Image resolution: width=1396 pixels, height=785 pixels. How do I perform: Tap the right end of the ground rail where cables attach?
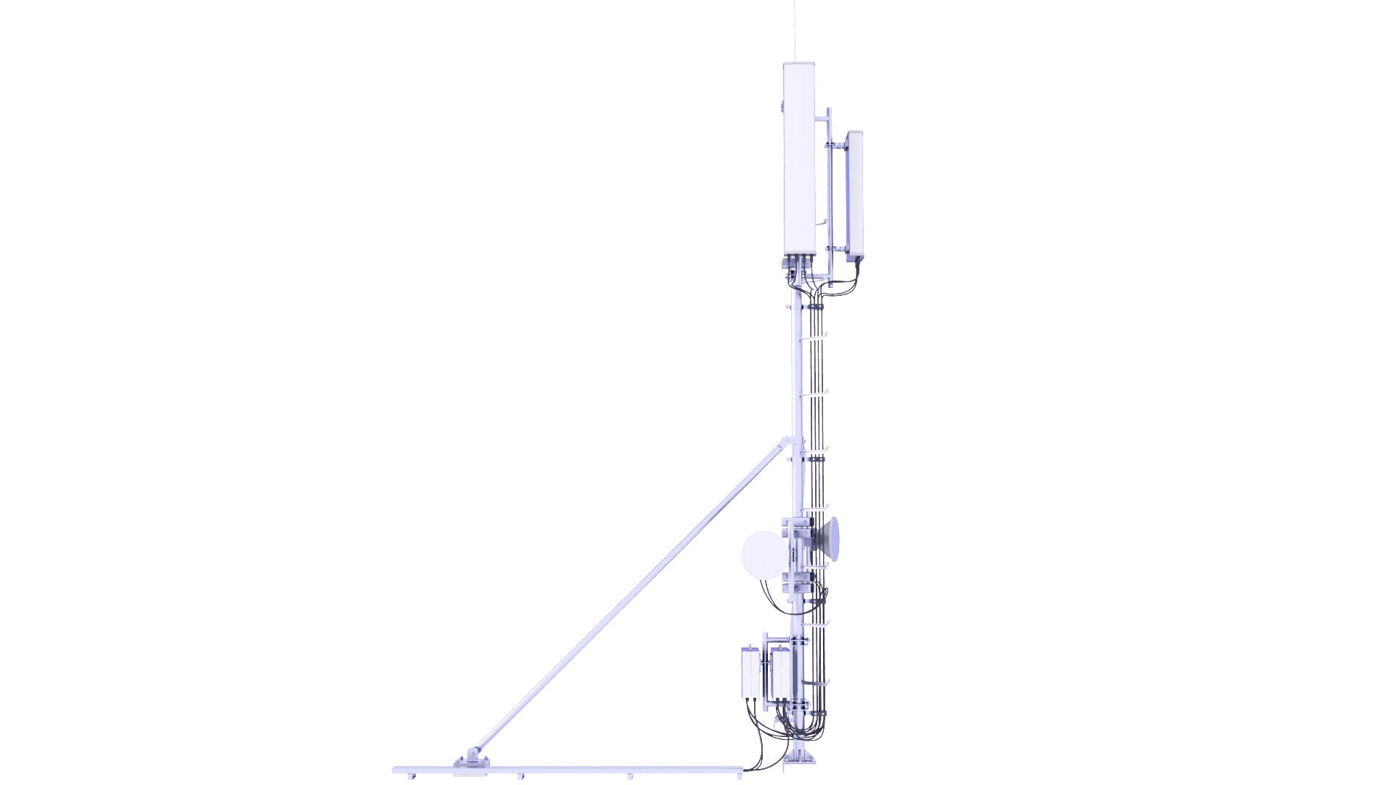[x=749, y=768]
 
